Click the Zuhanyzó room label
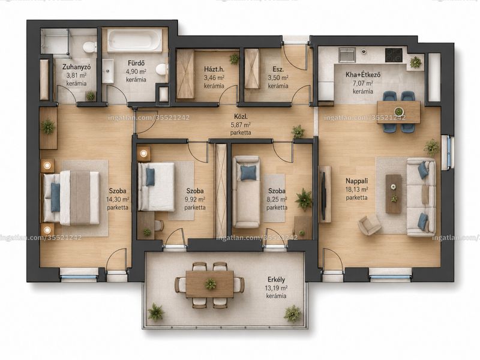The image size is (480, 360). click(x=77, y=67)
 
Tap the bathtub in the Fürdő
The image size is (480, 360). click(x=134, y=40)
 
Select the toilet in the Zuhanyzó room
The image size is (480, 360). click(x=89, y=47)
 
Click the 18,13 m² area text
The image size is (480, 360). click(x=356, y=190)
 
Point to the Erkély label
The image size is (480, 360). click(x=277, y=280)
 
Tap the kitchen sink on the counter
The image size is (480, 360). click(x=347, y=55)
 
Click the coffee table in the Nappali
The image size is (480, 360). click(x=394, y=194)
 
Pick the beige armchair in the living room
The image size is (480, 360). click(x=370, y=225)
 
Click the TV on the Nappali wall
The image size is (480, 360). click(x=323, y=196)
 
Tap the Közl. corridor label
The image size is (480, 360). click(x=241, y=116)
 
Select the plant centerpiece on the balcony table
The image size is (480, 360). click(x=211, y=283)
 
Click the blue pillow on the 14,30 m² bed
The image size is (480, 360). click(x=55, y=197)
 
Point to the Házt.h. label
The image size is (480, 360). click(x=214, y=70)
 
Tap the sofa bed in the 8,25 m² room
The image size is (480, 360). click(x=246, y=191)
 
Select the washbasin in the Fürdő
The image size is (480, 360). click(x=108, y=71)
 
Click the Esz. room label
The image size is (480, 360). click(x=278, y=70)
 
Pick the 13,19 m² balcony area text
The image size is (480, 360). click(x=277, y=288)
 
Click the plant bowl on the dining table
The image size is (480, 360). click(x=398, y=111)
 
